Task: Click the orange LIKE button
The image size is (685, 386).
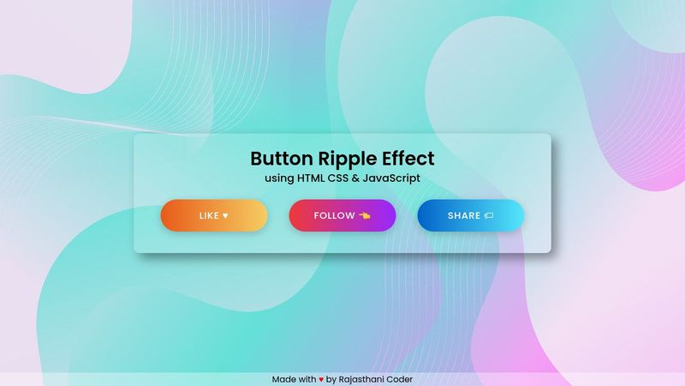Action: [214, 215]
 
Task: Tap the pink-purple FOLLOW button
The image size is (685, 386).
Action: [342, 215]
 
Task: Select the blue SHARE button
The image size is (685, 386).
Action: [471, 215]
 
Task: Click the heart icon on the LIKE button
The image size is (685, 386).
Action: [225, 216]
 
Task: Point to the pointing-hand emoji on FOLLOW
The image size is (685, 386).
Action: [365, 215]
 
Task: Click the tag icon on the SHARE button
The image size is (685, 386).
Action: [489, 216]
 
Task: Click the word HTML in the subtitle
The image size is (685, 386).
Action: [313, 178]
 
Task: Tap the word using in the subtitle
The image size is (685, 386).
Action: [279, 178]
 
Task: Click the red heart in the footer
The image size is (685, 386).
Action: [321, 379]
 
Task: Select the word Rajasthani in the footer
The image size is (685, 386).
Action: [365, 379]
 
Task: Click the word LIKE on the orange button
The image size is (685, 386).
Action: [209, 216]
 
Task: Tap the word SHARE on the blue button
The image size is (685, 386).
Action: [464, 216]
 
